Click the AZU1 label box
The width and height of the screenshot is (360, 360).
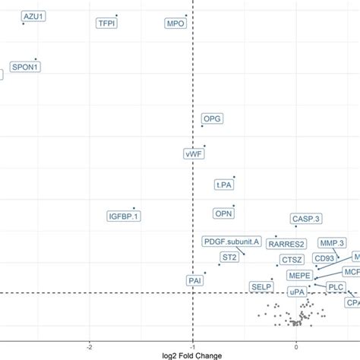pyautogui.click(x=33, y=15)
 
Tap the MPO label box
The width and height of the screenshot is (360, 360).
pyautogui.click(x=175, y=24)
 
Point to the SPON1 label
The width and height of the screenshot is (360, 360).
pyautogui.click(x=25, y=67)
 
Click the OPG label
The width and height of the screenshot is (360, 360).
pyautogui.click(x=212, y=119)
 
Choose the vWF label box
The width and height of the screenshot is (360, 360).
pyautogui.click(x=194, y=153)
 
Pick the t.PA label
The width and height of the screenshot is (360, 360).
pyautogui.click(x=224, y=184)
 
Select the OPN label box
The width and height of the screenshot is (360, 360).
pyautogui.click(x=223, y=214)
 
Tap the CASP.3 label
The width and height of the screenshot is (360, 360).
pyautogui.click(x=306, y=219)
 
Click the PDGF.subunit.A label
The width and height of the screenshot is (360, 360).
pyautogui.click(x=232, y=242)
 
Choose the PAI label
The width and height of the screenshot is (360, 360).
pyautogui.click(x=194, y=280)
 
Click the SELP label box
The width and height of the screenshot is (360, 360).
pyautogui.click(x=261, y=286)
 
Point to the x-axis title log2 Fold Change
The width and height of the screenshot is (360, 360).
pyautogui.click(x=194, y=353)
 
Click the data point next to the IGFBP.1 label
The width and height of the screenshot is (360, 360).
pyautogui.click(x=134, y=207)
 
